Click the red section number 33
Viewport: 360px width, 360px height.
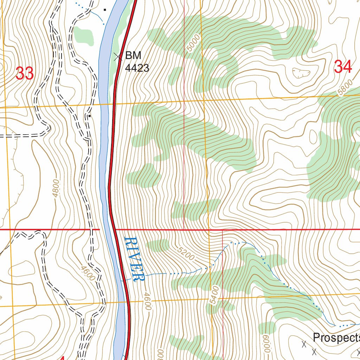coord(25,73)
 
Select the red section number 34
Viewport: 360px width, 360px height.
coord(343,66)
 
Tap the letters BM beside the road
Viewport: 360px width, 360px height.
coord(133,56)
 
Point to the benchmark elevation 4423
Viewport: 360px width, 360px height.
coord(137,68)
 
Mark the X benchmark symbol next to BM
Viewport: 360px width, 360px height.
coord(118,56)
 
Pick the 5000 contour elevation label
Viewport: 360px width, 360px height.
coord(194,42)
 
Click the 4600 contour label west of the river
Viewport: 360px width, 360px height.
coord(87,273)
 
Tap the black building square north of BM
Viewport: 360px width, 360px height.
coord(105,10)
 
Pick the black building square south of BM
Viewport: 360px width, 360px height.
coord(90,116)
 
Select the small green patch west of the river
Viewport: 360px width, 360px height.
coord(84,35)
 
